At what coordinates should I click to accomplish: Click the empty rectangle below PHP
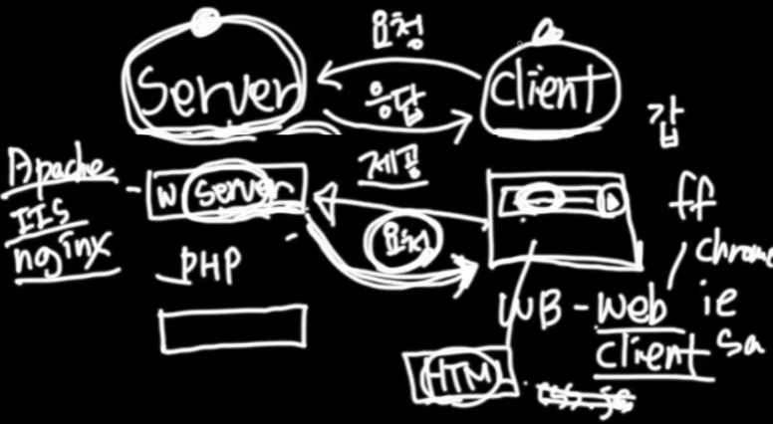click(x=232, y=328)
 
